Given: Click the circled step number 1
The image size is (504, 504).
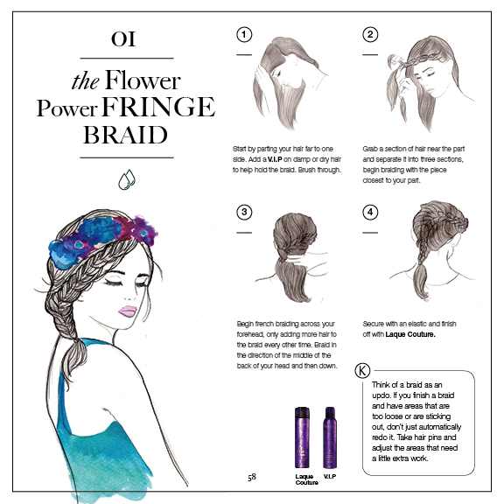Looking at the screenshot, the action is [244, 35].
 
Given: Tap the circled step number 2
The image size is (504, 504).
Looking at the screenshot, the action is [370, 35].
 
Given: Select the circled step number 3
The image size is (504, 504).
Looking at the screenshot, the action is [244, 212].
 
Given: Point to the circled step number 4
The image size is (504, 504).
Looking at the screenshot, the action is [370, 212].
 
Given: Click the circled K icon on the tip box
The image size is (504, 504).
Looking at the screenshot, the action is [362, 371].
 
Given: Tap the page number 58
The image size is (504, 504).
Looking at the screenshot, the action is [252, 477].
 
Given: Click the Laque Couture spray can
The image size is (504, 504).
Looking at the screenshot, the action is [302, 437].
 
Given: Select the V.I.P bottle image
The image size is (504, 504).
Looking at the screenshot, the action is [330, 437].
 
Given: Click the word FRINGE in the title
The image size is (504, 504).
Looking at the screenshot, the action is [158, 107].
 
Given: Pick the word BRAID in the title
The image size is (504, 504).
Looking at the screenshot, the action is [125, 135].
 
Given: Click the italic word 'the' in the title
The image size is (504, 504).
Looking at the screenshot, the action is [85, 81].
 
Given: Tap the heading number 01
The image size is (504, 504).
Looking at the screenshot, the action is [123, 39].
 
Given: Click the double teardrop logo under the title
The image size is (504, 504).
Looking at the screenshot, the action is [127, 179].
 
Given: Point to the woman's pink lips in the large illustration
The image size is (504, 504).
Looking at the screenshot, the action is [128, 311].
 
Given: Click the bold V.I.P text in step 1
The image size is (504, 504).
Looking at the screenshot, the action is [275, 159].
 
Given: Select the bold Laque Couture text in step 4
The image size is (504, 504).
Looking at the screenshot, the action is [410, 334].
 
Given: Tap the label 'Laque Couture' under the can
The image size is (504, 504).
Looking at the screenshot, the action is [306, 479].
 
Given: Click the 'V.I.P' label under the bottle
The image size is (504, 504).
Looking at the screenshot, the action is [330, 476].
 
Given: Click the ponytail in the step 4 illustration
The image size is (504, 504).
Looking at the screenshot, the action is [420, 280].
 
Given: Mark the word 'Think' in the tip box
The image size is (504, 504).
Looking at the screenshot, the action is [381, 385].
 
